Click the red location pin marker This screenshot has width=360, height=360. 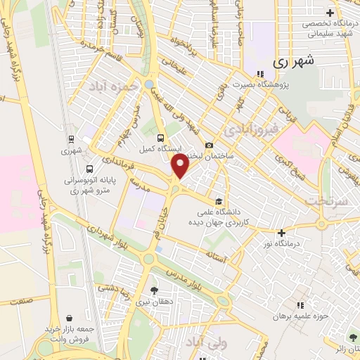point(181,167)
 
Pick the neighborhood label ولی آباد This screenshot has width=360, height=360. point(208,342)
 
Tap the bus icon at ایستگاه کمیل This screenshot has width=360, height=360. point(161,138)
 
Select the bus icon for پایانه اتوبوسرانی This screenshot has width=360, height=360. point(89,169)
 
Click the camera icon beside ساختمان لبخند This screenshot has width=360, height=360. point(209,145)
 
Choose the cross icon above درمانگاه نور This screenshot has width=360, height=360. point(281,233)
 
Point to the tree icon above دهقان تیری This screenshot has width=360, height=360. point(154,290)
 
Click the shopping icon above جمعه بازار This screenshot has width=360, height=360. point(68,319)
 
